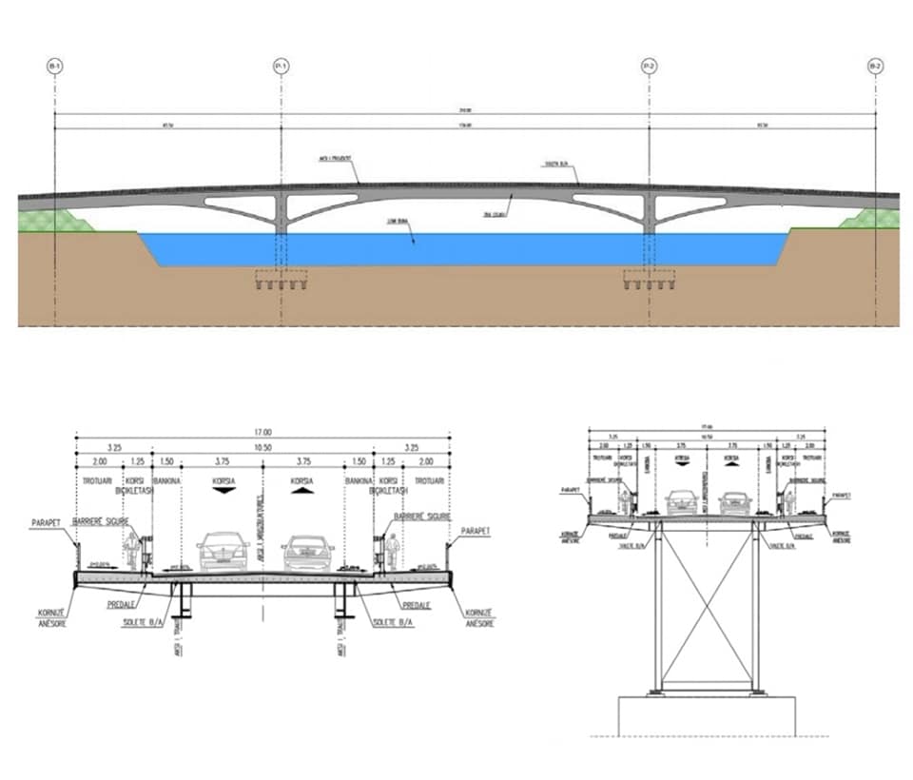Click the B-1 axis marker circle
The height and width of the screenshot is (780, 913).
point(55,67)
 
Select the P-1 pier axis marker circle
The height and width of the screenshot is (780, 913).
point(282,67)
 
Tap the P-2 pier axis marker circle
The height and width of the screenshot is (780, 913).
point(649,67)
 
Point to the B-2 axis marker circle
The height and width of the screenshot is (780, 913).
point(875,67)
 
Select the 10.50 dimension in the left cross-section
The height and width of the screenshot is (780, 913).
point(262,448)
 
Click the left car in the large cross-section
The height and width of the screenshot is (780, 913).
point(223,552)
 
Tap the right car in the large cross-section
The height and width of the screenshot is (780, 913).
point(308,552)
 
